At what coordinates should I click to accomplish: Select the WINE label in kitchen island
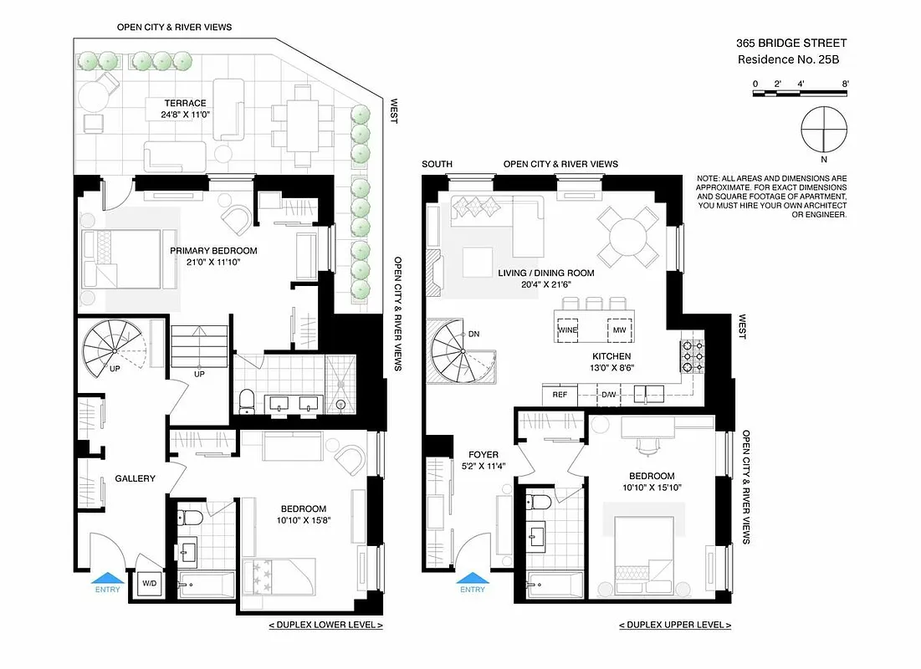568,330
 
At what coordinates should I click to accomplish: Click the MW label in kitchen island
619,330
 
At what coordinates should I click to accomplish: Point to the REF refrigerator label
560,394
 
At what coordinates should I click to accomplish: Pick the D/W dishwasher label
609,394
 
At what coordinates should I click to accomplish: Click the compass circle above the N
824,130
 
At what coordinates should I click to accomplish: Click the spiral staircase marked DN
458,349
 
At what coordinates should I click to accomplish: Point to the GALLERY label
135,479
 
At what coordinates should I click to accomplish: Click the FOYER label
484,455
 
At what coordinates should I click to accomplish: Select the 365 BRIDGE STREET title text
791,42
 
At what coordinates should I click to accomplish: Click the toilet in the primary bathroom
246,401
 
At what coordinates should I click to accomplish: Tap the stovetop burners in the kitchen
690,356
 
